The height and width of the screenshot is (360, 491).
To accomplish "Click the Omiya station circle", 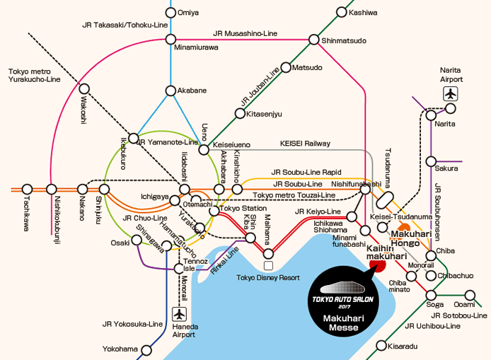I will (x=170, y=13).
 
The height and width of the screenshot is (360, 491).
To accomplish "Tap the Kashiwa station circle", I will (x=342, y=13).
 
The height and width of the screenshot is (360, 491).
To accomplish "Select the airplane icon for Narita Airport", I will (x=451, y=93).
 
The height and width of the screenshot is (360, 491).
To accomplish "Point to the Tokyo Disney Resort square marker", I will (x=268, y=265).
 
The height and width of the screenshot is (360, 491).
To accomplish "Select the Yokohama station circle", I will (x=147, y=349).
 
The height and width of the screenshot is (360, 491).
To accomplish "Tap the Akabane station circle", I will (x=170, y=91).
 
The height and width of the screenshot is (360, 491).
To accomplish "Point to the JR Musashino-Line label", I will (x=245, y=33).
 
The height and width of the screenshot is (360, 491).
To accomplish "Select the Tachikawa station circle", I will (x=27, y=189).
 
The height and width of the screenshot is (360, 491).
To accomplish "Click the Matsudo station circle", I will (x=285, y=68).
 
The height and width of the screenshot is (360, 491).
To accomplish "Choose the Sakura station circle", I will (x=431, y=161).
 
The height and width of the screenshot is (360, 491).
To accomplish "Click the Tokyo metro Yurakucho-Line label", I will (x=37, y=76).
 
